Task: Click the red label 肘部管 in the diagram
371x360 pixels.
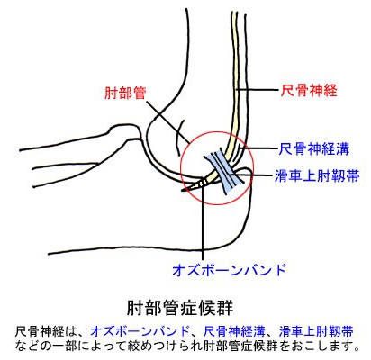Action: pyautogui.click(x=125, y=94)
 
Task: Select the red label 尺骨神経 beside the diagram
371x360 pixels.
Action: pyautogui.click(x=309, y=90)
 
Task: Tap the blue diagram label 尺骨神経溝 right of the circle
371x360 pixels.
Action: pyautogui.click(x=314, y=148)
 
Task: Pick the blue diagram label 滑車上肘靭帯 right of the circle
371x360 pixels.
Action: pyautogui.click(x=317, y=175)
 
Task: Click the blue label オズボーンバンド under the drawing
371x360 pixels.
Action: pyautogui.click(x=229, y=270)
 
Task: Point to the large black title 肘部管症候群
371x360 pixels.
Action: pyautogui.click(x=180, y=308)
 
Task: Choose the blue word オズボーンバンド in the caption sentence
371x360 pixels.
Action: pyautogui.click(x=140, y=332)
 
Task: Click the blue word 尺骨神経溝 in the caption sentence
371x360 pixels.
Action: pyautogui.click(x=234, y=332)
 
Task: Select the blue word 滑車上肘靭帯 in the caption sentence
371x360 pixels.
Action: pyautogui.click(x=316, y=332)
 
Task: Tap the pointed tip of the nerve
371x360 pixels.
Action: pyautogui.click(x=182, y=191)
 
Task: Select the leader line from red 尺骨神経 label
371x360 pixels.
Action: pyautogui.click(x=258, y=90)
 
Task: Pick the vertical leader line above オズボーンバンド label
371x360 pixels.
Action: pyautogui.click(x=203, y=223)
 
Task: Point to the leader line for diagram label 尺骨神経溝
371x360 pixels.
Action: pyautogui.click(x=259, y=148)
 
